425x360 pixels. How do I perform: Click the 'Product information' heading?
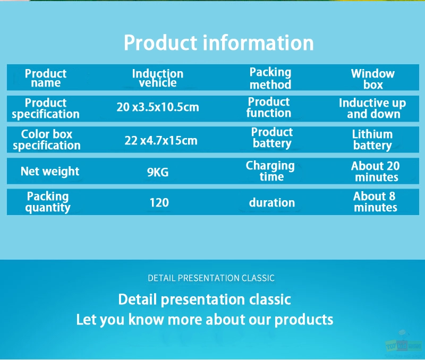(219, 42)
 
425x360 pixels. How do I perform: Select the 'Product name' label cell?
(46, 78)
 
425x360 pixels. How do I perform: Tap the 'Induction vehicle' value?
(158, 78)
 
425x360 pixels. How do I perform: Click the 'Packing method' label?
(270, 78)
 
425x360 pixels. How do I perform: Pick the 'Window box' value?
(373, 79)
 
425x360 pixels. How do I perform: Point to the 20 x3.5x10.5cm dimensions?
(158, 107)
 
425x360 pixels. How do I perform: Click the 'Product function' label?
(269, 107)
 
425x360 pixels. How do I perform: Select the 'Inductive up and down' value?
(372, 108)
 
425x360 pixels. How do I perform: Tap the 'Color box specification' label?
(47, 140)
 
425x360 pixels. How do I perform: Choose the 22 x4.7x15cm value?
(161, 140)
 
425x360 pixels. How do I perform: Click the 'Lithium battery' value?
(372, 140)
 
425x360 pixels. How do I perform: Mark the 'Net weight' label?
(50, 171)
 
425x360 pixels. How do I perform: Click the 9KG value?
(158, 172)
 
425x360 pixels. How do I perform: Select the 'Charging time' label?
(270, 171)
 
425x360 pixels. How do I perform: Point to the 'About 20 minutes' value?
(376, 172)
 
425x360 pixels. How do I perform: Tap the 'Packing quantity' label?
(48, 202)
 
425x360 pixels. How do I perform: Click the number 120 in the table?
(159, 203)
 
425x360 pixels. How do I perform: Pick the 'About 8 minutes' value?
(375, 202)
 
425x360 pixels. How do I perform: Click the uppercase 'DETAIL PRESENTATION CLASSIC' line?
(211, 278)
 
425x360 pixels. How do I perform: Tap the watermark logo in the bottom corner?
(404, 345)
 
